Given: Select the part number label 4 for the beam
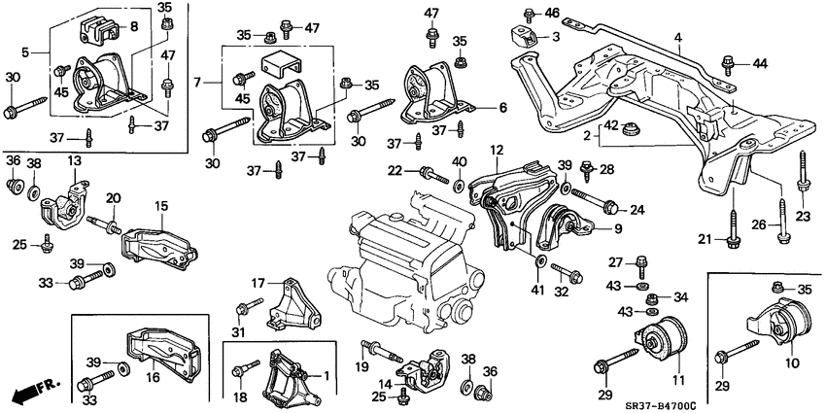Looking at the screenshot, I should click(x=678, y=41).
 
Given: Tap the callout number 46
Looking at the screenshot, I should click(x=552, y=13).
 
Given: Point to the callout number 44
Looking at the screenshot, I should click(x=759, y=63).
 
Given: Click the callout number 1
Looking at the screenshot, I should click(x=326, y=374).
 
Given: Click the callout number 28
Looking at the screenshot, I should click(x=608, y=169).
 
